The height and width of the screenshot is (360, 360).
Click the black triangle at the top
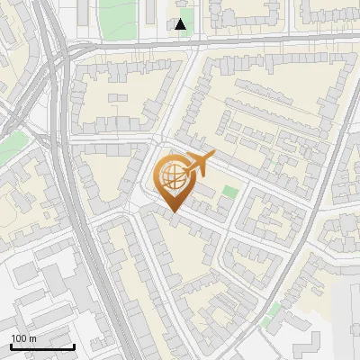[x=181, y=24]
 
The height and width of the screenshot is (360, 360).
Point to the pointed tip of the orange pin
[x=174, y=212]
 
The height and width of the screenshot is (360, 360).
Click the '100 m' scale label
[x=23, y=338]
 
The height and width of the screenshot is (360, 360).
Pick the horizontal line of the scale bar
[x=42, y=346]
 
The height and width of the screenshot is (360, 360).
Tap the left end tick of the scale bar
[x=11, y=345]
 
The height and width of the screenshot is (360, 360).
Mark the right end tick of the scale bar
[x=74, y=345]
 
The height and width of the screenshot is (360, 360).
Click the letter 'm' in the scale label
[x=32, y=338]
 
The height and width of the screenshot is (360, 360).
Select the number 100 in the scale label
[x=19, y=338]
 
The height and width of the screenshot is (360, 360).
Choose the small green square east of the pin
[x=231, y=192]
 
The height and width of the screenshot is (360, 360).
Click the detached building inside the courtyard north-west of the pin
[x=118, y=96]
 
